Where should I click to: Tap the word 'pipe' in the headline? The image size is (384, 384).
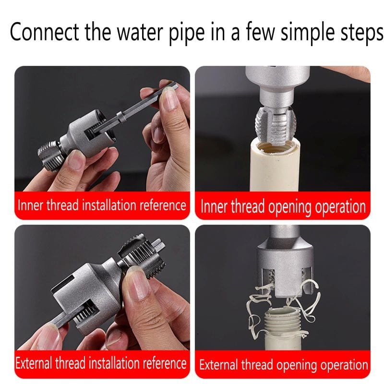187,33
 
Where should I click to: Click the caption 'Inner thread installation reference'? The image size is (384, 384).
102,205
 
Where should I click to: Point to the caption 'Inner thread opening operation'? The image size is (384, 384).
283,207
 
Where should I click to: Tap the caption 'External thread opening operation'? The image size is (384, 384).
284,364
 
